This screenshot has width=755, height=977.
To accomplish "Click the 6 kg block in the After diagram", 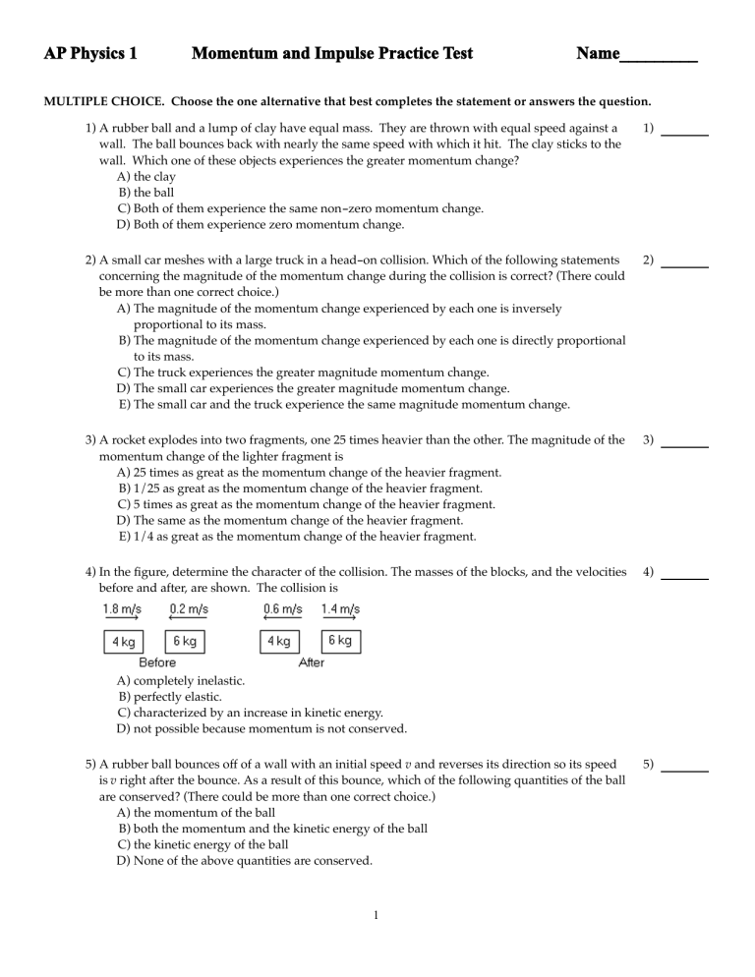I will coord(341,641).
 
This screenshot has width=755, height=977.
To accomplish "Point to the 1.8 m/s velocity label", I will coord(122,608).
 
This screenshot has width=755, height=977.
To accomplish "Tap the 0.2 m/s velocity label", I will coord(187,608).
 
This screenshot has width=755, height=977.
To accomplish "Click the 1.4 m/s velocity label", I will coord(340,608).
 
